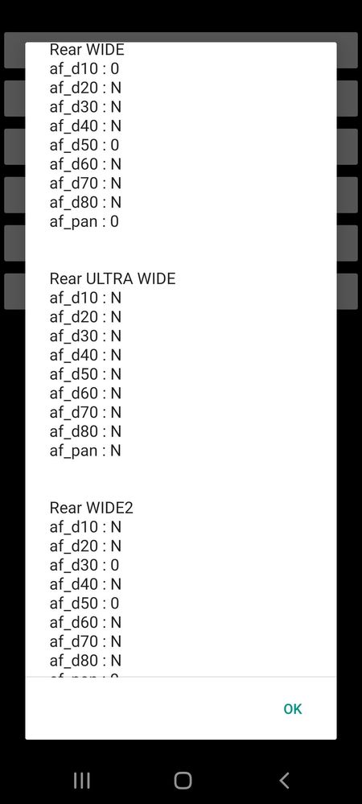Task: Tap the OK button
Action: tap(293, 708)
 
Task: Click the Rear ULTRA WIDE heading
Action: tap(113, 278)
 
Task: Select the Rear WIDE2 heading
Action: tap(91, 508)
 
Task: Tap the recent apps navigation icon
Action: tap(82, 781)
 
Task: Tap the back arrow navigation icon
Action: tap(284, 781)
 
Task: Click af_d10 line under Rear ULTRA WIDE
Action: tap(85, 298)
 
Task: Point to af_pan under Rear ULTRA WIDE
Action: tap(85, 451)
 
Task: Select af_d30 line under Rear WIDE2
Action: tap(84, 565)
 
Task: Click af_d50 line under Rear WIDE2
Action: tap(84, 603)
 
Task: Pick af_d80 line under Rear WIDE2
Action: tap(85, 661)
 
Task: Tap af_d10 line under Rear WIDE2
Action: tap(85, 526)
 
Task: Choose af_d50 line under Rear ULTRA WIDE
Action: tap(85, 374)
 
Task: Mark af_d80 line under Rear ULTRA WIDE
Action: tap(85, 431)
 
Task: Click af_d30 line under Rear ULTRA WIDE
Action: tap(85, 336)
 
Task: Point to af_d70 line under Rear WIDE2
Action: tap(85, 641)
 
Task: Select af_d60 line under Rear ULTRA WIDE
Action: tap(85, 394)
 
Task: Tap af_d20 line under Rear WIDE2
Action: tap(85, 546)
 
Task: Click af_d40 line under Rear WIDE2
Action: tap(85, 584)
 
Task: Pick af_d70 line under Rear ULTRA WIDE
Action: tap(85, 412)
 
